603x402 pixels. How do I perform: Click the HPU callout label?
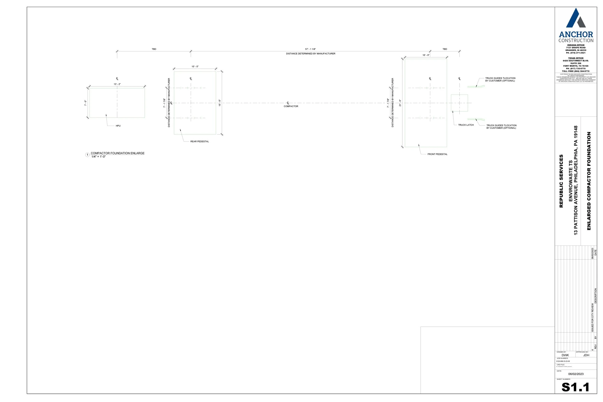click(118, 126)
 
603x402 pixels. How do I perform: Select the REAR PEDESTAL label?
click(199, 142)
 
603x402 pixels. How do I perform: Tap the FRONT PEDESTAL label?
click(437, 154)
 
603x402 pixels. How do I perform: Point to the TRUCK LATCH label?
click(466, 125)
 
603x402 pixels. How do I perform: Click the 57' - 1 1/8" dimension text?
click(310, 49)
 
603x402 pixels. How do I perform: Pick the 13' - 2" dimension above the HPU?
click(117, 84)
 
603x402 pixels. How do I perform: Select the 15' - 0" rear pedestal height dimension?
click(220, 103)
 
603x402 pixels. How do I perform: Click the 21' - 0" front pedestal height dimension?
click(400, 103)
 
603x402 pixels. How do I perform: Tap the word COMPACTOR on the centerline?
click(291, 106)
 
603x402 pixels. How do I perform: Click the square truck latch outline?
click(459, 103)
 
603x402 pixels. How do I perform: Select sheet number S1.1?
click(575, 387)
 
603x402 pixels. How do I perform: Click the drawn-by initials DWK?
click(565, 355)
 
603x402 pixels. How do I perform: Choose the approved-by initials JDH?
click(586, 355)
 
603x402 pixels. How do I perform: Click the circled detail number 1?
click(87, 155)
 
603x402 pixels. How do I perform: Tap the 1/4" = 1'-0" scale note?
click(98, 157)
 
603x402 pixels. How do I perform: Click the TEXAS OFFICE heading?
click(576, 58)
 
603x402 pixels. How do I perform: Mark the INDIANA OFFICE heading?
click(576, 45)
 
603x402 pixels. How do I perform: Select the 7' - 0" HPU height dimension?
click(85, 103)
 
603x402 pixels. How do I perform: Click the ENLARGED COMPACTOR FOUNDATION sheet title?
click(589, 181)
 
